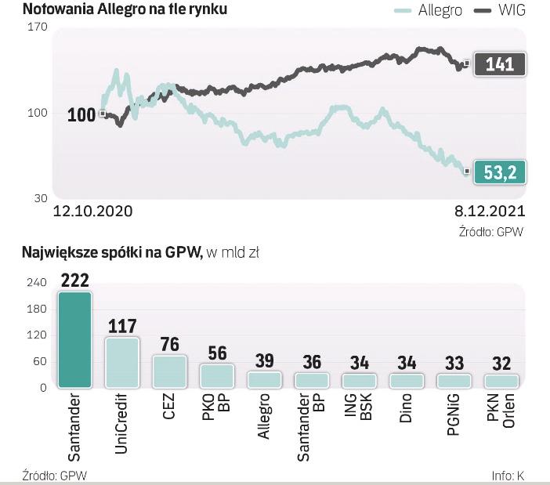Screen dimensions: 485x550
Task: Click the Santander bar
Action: [x=74, y=339]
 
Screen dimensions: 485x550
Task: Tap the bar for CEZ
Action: [x=169, y=371]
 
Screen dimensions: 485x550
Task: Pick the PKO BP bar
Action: [x=217, y=375]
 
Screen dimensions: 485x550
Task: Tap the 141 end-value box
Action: [x=500, y=63]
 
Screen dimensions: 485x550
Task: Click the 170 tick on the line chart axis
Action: [x=38, y=27]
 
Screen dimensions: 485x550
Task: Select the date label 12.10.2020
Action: [x=92, y=212]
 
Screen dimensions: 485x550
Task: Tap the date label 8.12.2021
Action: [x=490, y=212]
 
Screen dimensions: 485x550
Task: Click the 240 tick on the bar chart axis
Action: [x=38, y=282]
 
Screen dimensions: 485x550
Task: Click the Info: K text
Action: [x=508, y=476]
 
